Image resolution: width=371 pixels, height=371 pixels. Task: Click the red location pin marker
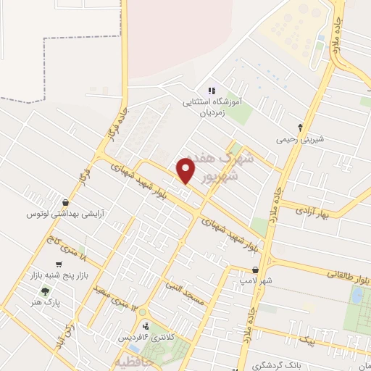186,172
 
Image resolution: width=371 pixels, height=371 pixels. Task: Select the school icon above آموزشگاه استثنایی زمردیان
212,91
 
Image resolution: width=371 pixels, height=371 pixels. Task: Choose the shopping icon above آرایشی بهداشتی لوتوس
66,202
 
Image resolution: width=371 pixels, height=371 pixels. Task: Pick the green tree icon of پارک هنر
46,291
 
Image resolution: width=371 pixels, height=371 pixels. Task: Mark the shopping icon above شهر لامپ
255,270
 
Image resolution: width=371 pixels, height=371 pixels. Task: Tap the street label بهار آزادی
312,212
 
